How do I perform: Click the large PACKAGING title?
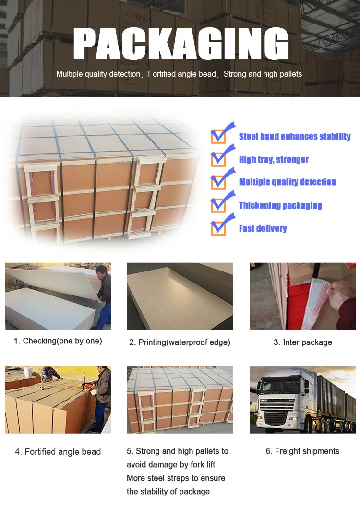[x=180, y=44]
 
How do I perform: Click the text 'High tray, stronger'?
[x=274, y=159]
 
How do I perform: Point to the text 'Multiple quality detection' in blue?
[x=288, y=182]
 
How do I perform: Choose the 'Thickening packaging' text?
[x=280, y=205]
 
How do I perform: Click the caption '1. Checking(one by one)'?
[x=58, y=341]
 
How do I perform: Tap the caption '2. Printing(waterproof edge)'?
[x=180, y=342]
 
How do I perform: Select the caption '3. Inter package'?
[x=303, y=342]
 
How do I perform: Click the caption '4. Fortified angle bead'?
[x=58, y=452]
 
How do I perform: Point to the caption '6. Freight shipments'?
[x=302, y=451]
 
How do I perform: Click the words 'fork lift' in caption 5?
[x=203, y=465]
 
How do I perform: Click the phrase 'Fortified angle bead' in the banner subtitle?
[x=182, y=74]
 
